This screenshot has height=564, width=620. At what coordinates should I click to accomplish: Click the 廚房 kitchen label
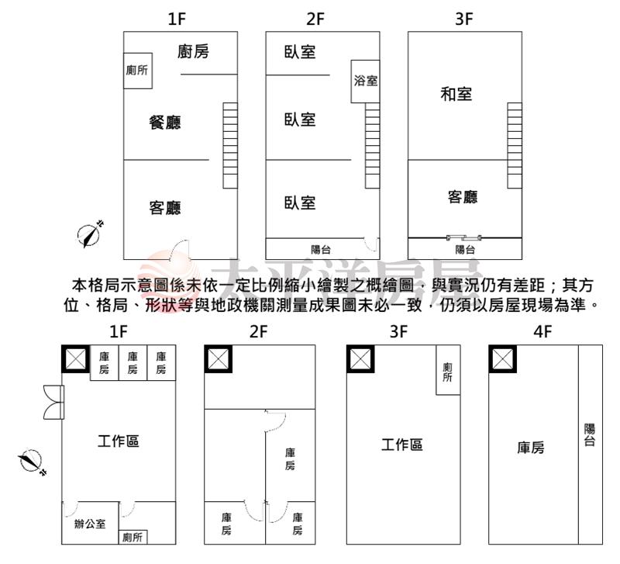pyautogui.click(x=193, y=52)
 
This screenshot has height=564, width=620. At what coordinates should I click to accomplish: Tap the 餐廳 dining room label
pyautogui.click(x=165, y=122)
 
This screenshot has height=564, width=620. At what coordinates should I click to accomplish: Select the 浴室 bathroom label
pyautogui.click(x=366, y=80)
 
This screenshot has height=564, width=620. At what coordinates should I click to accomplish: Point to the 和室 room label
pyautogui.click(x=456, y=95)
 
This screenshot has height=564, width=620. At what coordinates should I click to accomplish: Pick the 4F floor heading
pyautogui.click(x=542, y=332)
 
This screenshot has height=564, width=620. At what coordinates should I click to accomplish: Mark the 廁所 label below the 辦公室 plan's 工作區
pyautogui.click(x=133, y=537)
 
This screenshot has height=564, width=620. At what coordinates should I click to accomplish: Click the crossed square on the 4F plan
pyautogui.click(x=503, y=358)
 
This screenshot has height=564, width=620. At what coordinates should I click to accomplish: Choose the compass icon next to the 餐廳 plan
pyautogui.click(x=91, y=234)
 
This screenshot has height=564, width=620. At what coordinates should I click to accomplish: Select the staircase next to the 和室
pyautogui.click(x=515, y=145)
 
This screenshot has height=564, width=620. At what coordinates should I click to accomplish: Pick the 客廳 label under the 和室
pyautogui.click(x=463, y=197)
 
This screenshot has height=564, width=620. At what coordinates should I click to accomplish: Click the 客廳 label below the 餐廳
pyautogui.click(x=165, y=208)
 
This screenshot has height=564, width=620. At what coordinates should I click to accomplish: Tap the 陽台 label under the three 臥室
pyautogui.click(x=321, y=249)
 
